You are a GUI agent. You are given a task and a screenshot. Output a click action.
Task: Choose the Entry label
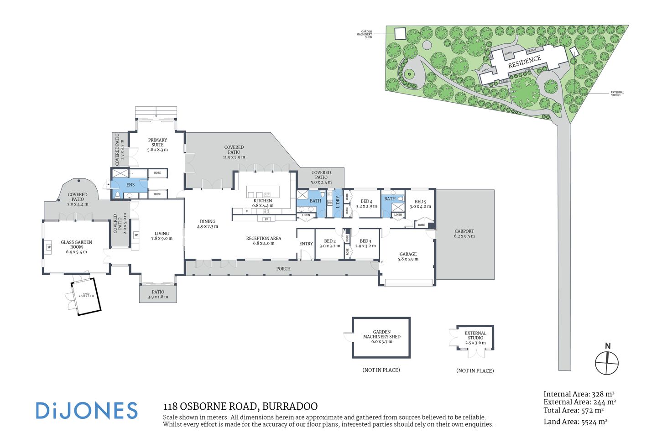(x=306, y=244)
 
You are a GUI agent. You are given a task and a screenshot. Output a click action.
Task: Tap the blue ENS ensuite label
(x=130, y=185)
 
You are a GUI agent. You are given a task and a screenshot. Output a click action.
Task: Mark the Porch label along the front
(x=283, y=269)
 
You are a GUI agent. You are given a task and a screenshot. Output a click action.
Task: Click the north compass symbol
(x=607, y=363)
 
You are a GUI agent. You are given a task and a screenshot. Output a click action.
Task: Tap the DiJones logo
(x=87, y=410)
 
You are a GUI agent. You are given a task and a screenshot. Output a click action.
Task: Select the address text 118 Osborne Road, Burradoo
(x=240, y=406)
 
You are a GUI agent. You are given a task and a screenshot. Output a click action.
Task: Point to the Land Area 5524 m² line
(x=575, y=422)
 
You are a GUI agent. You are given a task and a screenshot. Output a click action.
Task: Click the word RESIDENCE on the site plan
(x=524, y=62)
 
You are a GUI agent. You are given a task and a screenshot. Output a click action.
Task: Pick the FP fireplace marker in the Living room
(x=136, y=235)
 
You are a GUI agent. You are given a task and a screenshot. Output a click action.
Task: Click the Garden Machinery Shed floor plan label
(x=381, y=337)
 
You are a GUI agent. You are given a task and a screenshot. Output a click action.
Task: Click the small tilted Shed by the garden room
(x=86, y=296)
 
